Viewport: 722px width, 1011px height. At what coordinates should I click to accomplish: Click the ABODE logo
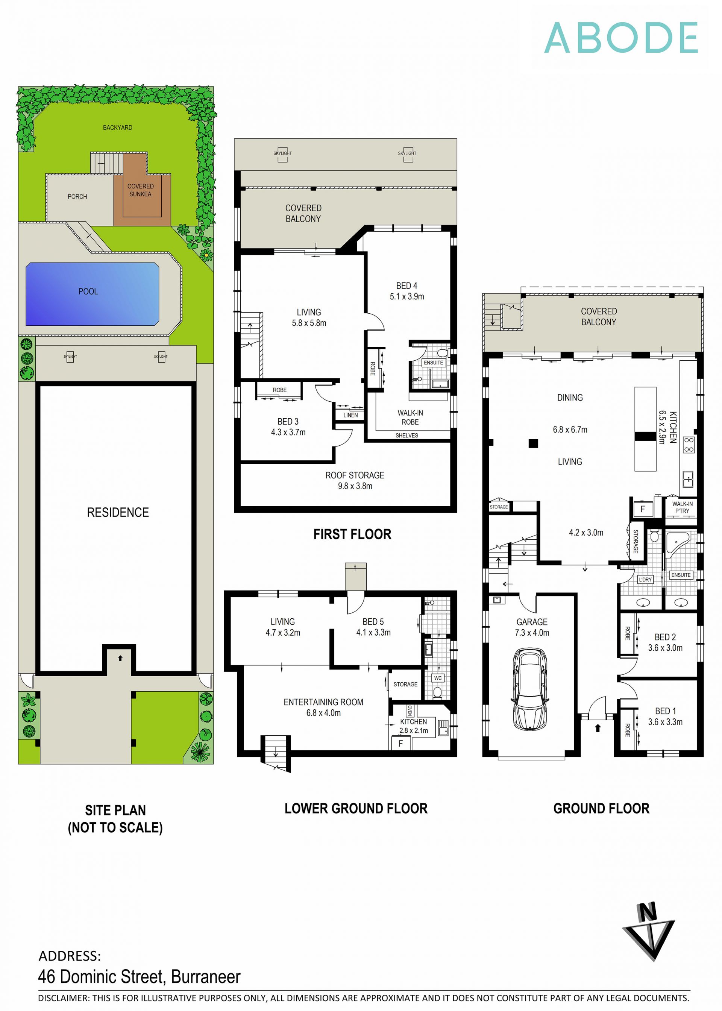pyautogui.click(x=620, y=38)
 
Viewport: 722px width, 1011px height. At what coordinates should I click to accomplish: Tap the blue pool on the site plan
pyautogui.click(x=92, y=294)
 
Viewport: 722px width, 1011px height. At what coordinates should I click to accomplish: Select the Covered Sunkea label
pyautogui.click(x=141, y=190)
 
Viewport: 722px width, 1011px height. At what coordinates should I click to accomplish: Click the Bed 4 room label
pyautogui.click(x=407, y=286)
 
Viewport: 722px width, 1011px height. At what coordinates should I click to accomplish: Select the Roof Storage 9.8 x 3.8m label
pyautogui.click(x=355, y=481)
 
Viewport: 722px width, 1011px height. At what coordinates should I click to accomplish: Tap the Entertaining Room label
pyautogui.click(x=323, y=702)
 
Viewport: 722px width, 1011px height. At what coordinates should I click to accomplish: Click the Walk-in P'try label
pyautogui.click(x=682, y=507)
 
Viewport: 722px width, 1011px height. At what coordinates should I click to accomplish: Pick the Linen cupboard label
pyautogui.click(x=350, y=415)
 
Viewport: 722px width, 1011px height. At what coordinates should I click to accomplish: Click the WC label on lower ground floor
pyautogui.click(x=438, y=678)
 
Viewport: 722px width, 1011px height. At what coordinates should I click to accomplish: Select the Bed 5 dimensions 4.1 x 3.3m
pyautogui.click(x=373, y=633)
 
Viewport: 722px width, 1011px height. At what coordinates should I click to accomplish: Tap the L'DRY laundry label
pyautogui.click(x=645, y=579)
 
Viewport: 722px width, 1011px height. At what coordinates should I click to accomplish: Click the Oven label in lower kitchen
pyautogui.click(x=410, y=710)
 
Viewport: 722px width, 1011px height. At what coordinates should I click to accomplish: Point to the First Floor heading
pyautogui.click(x=352, y=534)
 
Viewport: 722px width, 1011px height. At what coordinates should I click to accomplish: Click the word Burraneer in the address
pyautogui.click(x=205, y=977)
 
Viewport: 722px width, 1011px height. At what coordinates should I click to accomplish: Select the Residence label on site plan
pyautogui.click(x=118, y=512)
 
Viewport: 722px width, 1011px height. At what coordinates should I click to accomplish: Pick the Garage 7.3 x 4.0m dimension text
pyautogui.click(x=532, y=633)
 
